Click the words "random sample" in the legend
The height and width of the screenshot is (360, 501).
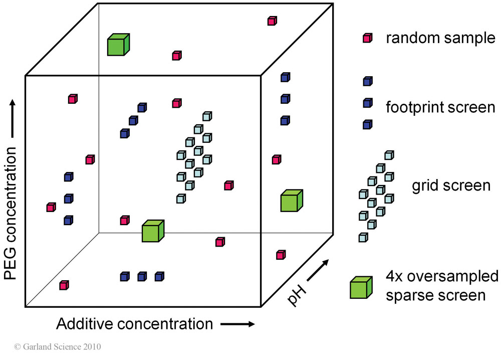click(x=440, y=38)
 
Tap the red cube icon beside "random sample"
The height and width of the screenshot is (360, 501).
click(x=367, y=38)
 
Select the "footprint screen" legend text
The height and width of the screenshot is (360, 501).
click(x=440, y=107)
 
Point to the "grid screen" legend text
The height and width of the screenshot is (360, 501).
click(x=451, y=185)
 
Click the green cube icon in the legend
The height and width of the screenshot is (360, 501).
click(x=361, y=288)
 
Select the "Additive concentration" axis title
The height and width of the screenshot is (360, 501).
click(x=135, y=324)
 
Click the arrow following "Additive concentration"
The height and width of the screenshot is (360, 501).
click(x=237, y=324)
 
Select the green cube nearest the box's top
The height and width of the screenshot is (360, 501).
click(x=118, y=45)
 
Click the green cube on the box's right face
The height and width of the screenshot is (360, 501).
click(x=291, y=201)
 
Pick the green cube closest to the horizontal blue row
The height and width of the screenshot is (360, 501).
click(x=153, y=231)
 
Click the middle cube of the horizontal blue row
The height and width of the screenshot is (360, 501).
click(x=142, y=276)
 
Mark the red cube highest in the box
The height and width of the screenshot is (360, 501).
click(x=272, y=21)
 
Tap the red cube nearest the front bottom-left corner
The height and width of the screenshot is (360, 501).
click(x=64, y=285)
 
